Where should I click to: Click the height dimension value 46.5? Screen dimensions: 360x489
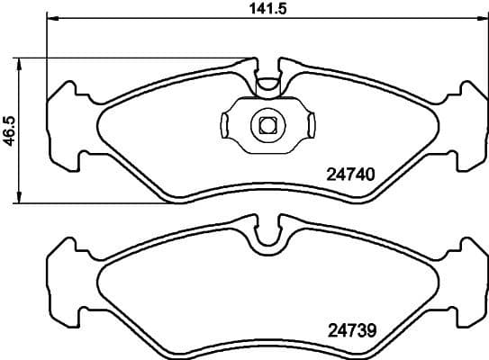click(x=9, y=130)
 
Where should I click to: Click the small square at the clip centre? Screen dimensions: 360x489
click(x=267, y=124)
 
